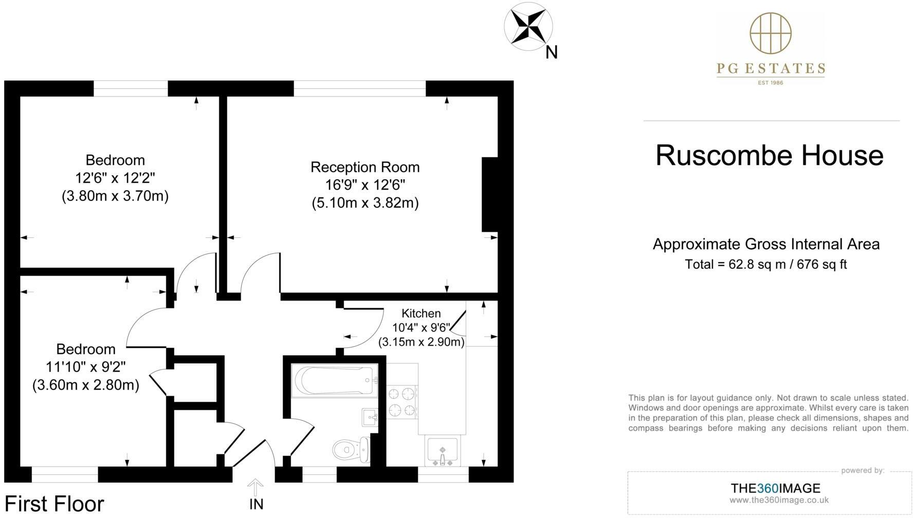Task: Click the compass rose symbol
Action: (x=528, y=26)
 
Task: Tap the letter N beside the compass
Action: (x=552, y=52)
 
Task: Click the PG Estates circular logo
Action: (x=770, y=33)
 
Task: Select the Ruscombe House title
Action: (x=769, y=155)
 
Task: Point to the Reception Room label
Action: (x=365, y=168)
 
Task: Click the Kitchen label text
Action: (x=421, y=313)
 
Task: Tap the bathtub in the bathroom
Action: (x=334, y=380)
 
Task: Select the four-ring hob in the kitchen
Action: (x=401, y=402)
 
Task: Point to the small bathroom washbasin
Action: (x=370, y=417)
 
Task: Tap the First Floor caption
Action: (x=54, y=504)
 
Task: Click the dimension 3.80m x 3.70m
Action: (x=115, y=196)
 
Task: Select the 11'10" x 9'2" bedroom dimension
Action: (x=86, y=367)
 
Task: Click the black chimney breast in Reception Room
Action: (x=489, y=194)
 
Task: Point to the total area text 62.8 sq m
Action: (x=765, y=265)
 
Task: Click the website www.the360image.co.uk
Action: (x=779, y=500)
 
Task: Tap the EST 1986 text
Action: (x=770, y=82)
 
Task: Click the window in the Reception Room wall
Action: (x=360, y=88)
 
